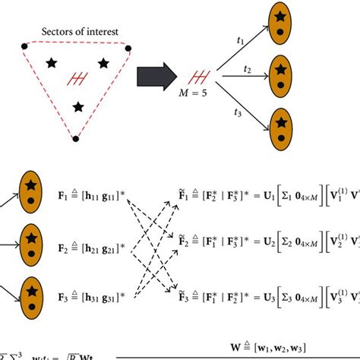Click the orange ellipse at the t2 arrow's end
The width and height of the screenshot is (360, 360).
pyautogui.click(x=281, y=77)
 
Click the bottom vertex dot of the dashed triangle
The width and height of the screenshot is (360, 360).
pyautogui.click(x=75, y=138)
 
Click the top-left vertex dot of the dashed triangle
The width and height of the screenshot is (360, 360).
pyautogui.click(x=24, y=47)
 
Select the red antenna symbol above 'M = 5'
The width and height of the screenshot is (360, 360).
pyautogui.click(x=199, y=75)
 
